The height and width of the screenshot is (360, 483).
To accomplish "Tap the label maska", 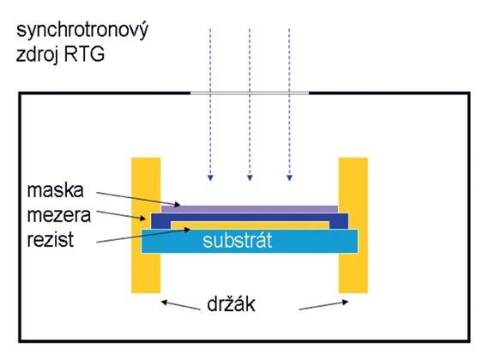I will tap(54, 189).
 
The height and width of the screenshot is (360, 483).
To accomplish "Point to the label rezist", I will tap(50, 239).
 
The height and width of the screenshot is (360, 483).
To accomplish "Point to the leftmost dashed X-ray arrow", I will tap(210, 103).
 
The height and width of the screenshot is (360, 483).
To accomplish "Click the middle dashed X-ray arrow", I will tap(249, 103).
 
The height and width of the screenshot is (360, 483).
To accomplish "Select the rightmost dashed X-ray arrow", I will tap(289, 103).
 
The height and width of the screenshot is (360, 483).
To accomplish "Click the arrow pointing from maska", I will tap(137, 196).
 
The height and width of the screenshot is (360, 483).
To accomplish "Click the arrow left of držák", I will tap(179, 305).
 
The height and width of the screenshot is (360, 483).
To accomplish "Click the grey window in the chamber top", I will tap(249, 91).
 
